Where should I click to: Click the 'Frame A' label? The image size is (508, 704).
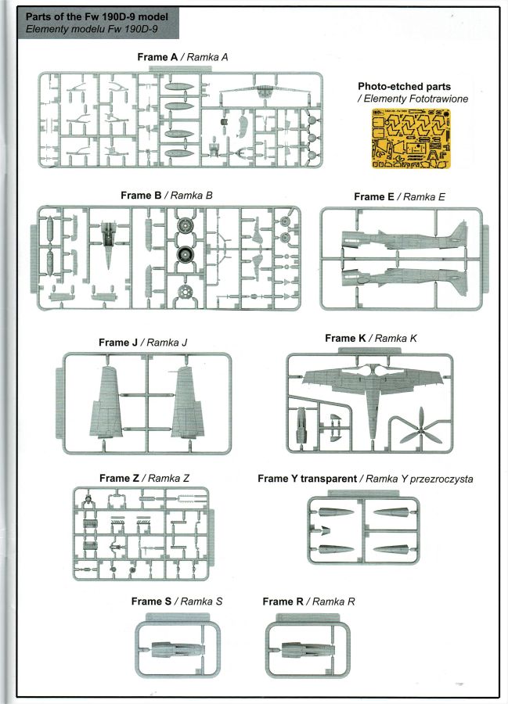pos(157,57)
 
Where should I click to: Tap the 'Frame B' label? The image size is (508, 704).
pos(141,196)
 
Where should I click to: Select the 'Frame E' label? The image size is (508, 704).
pos(374,196)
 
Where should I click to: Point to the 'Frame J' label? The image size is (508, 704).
pos(118,343)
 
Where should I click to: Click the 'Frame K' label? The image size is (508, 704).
pos(345,338)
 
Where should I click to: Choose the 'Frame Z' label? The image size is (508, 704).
pos(120,478)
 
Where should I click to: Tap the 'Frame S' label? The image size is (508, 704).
pos(151,602)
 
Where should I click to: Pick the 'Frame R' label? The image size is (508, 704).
pos(283,602)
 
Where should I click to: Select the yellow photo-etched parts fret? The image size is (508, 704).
pos(410,138)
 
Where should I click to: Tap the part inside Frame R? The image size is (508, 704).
pos(308,648)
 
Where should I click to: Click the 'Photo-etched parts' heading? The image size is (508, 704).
pos(404,87)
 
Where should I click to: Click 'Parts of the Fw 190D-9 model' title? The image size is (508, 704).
pos(97,17)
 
